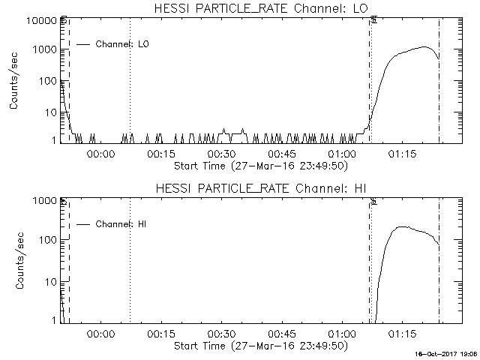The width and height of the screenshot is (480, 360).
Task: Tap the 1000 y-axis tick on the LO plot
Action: (45, 49)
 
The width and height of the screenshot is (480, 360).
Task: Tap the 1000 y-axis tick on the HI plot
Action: (45, 201)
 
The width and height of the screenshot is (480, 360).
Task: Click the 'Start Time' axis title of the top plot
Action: (259, 165)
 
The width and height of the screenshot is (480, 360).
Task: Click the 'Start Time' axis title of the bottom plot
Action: (259, 346)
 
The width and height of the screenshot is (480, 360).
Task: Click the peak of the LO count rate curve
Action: (425, 47)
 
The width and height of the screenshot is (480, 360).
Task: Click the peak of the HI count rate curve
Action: (403, 226)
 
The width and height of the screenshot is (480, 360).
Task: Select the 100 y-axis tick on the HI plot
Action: (48, 240)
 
